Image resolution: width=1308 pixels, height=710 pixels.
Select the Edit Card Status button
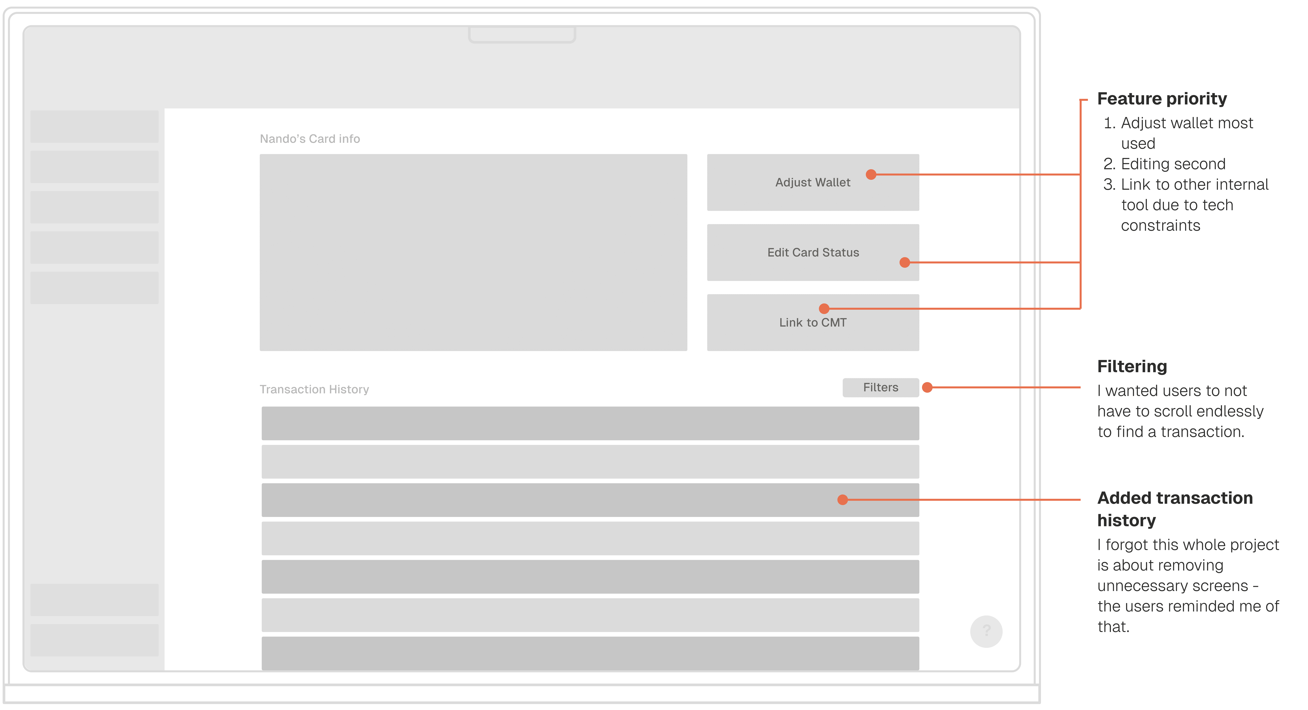tap(812, 252)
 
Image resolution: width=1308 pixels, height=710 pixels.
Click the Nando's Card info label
tap(310, 139)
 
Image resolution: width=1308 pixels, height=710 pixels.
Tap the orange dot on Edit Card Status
tap(904, 263)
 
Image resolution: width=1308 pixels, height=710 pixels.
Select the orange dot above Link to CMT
tap(824, 308)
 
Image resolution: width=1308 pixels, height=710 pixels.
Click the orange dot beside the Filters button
tap(927, 388)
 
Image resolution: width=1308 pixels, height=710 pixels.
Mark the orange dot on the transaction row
tap(842, 500)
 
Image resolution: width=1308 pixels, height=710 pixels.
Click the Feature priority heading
tap(1162, 99)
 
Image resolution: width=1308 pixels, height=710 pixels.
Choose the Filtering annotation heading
tap(1132, 366)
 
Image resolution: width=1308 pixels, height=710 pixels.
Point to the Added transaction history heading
tap(1174, 509)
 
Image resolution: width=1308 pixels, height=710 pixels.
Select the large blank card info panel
tap(473, 252)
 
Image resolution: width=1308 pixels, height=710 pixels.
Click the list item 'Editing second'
tap(1173, 164)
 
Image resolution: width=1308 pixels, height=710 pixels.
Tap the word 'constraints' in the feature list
tap(1160, 225)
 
